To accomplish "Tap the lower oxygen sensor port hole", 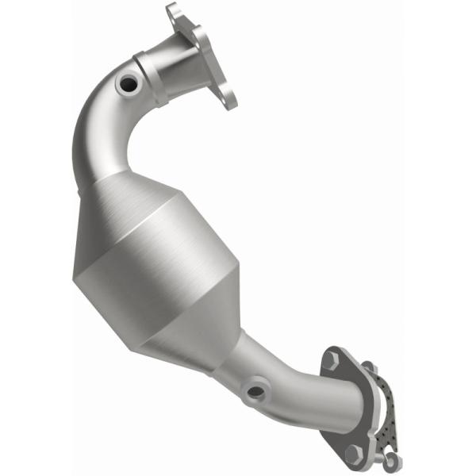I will coord(254,390).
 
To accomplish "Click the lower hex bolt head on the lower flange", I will coord(352,452).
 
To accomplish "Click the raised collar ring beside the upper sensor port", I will coord(151,75).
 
